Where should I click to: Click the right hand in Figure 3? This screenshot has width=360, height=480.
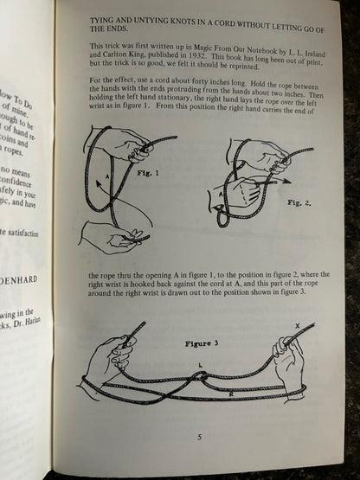click(x=286, y=355)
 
